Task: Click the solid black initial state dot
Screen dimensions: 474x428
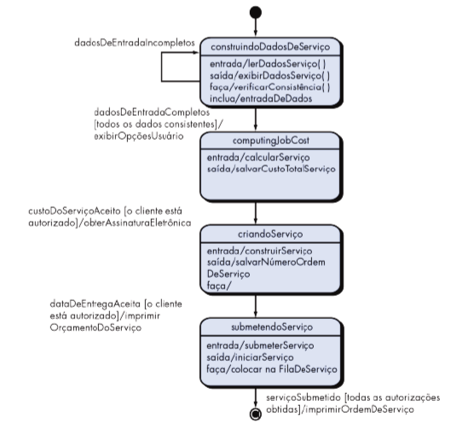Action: coord(256,13)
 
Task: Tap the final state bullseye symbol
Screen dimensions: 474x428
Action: coord(256,414)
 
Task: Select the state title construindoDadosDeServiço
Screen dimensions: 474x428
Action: coord(270,47)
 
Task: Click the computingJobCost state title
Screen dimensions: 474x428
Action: coord(271,141)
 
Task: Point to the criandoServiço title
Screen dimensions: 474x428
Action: coord(270,234)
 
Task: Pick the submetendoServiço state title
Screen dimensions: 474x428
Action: coord(272,327)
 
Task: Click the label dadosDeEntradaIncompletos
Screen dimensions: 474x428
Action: coord(135,43)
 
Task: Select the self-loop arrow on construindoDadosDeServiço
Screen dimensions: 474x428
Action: coord(161,67)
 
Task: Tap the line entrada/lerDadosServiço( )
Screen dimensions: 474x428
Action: coord(268,64)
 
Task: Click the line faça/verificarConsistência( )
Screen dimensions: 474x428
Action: coord(270,87)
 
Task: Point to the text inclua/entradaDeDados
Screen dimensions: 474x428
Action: coord(261,99)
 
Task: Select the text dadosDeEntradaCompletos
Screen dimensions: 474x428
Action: coord(152,113)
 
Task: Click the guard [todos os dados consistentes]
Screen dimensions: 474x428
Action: coord(156,124)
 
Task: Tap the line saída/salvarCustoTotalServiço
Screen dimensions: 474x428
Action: coord(271,169)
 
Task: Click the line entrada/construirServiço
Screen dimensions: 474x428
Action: coord(259,251)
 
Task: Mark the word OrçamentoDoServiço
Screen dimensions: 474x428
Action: coord(95,327)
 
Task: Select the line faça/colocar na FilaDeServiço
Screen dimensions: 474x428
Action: coord(272,369)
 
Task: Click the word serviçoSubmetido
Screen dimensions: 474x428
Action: coord(303,397)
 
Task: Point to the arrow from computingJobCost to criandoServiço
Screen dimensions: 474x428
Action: coord(256,213)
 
